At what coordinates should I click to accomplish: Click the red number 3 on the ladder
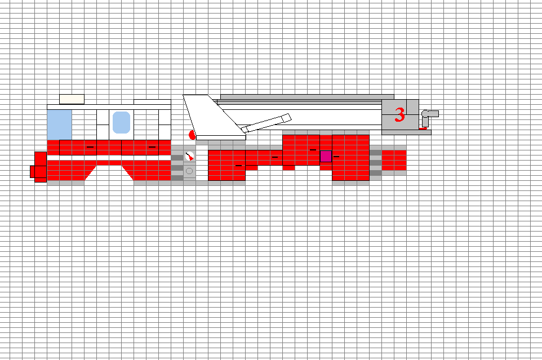(x=399, y=115)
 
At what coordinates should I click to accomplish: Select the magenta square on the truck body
(x=326, y=156)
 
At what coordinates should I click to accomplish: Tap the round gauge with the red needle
(x=189, y=157)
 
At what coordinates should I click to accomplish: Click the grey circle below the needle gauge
(x=189, y=171)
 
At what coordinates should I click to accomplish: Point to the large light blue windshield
(x=60, y=125)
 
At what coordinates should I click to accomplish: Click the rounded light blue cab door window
(x=121, y=122)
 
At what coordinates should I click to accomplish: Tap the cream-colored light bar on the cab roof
(x=72, y=99)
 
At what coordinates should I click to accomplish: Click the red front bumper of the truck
(x=39, y=167)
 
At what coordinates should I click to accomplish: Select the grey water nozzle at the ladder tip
(x=429, y=117)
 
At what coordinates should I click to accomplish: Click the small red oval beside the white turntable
(x=192, y=135)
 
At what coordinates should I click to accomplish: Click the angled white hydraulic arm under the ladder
(x=266, y=123)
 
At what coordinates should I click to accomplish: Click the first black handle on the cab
(x=90, y=147)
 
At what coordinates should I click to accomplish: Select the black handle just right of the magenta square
(x=336, y=157)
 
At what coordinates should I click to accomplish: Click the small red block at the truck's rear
(x=394, y=161)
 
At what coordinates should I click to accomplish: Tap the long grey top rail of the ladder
(x=307, y=97)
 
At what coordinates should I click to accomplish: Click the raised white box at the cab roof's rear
(x=152, y=102)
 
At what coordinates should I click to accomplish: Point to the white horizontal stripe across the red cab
(x=109, y=158)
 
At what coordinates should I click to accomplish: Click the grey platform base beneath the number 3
(x=407, y=132)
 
